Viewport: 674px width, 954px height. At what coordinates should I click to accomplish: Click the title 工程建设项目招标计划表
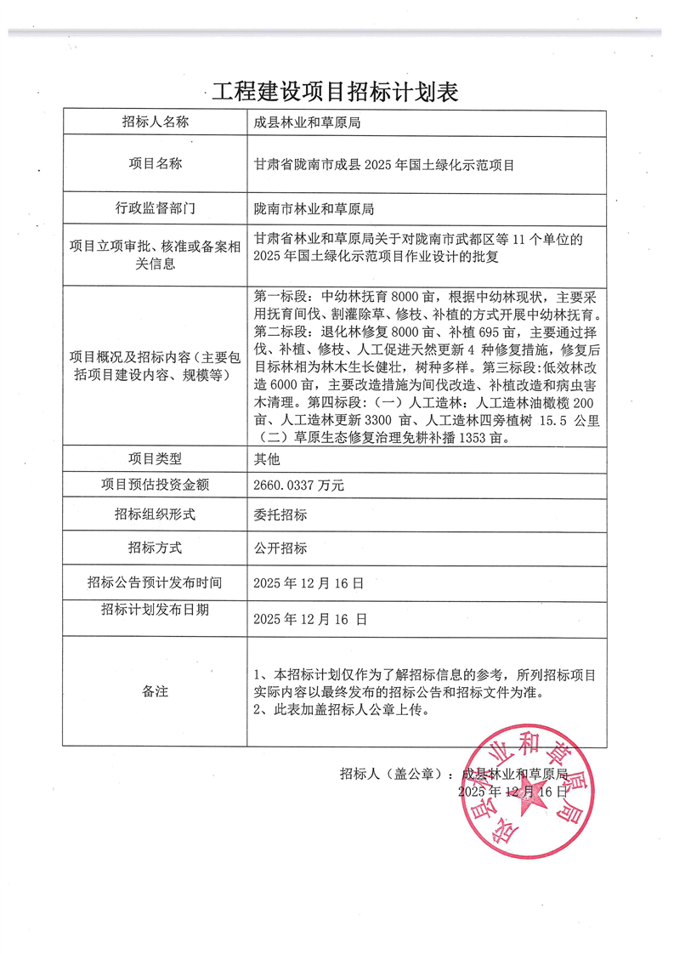336,91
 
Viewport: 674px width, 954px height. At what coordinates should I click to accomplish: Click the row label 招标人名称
155,122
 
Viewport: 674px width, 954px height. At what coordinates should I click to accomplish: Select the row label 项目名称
155,164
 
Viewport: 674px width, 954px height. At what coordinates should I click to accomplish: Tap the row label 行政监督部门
155,207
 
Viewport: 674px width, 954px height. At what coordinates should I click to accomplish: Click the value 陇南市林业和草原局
314,208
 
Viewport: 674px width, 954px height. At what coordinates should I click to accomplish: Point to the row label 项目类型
155,458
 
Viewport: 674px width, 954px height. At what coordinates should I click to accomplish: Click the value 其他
267,459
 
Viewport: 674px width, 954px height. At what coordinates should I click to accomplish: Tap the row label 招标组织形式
155,514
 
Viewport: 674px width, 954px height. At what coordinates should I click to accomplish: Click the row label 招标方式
155,548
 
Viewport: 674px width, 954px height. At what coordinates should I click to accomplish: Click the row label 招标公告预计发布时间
155,582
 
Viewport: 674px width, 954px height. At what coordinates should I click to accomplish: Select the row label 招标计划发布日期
155,610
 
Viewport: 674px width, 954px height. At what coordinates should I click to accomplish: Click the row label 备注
155,691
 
